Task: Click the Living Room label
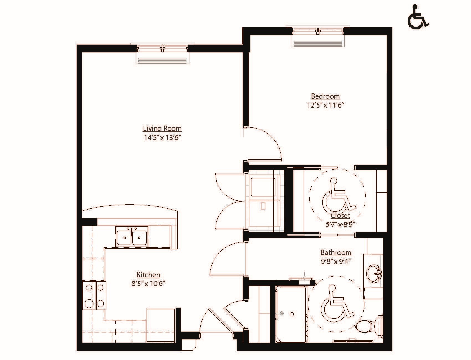[x=162, y=129]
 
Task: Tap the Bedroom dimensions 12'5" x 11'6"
[x=325, y=105]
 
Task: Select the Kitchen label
[x=148, y=275]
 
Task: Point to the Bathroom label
[x=336, y=252]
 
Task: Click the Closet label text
[x=340, y=216]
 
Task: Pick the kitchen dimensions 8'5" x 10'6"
[x=148, y=284]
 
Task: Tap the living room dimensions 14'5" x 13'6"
[x=162, y=137]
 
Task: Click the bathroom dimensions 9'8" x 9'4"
[x=336, y=261]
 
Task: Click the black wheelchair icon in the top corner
[x=418, y=17]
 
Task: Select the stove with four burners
[x=94, y=295]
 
